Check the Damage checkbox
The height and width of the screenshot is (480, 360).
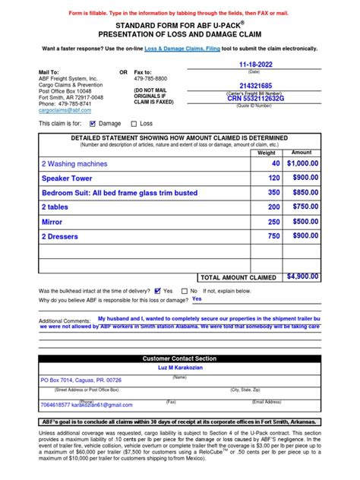point(93,122)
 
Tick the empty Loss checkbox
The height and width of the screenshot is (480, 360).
point(134,122)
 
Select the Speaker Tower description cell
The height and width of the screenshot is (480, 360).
point(69,178)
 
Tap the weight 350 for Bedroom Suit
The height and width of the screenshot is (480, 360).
point(273,192)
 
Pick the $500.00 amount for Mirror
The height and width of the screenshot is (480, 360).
point(303,222)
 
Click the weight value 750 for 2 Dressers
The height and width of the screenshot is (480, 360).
point(273,236)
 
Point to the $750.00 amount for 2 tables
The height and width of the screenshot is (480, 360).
point(303,207)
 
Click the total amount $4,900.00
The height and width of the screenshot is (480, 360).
point(303,278)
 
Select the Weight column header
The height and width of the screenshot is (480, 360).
point(267,153)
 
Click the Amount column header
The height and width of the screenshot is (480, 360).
point(302,153)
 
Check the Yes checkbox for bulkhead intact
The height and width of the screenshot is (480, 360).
point(157,290)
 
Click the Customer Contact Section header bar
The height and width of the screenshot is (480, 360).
point(180,358)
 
